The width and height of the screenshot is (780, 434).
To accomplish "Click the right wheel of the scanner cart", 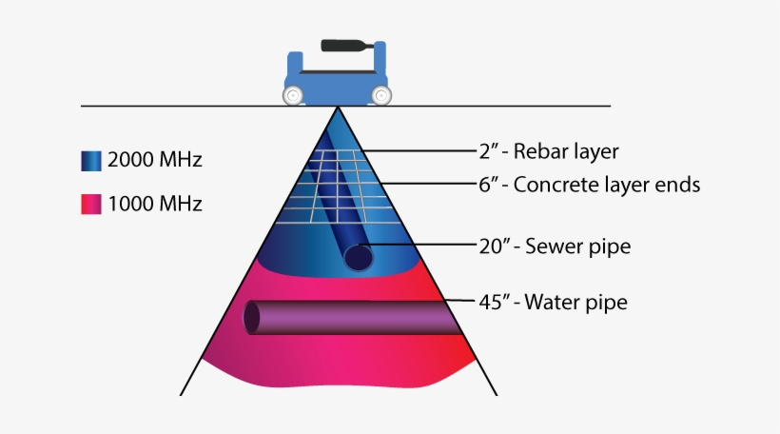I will coord(380,95).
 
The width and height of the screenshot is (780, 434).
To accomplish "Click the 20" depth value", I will coord(492,247).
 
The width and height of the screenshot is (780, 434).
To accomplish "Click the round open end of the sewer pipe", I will coord(359,257).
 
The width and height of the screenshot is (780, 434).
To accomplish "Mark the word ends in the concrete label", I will coord(680,185).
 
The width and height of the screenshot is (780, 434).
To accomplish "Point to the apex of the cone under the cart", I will coord(337,108).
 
